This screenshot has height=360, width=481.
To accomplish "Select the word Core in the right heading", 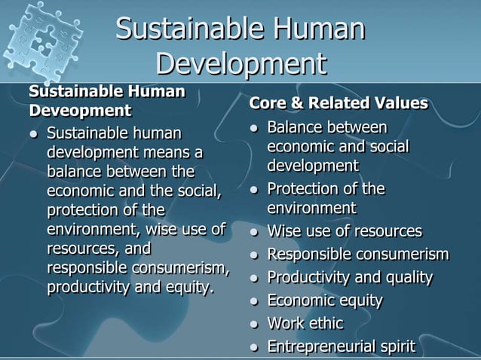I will pyautogui.click(x=267, y=102).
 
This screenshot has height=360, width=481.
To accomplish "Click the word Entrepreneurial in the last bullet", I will pyautogui.click(x=320, y=347).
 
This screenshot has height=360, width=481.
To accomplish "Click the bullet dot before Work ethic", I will pyautogui.click(x=255, y=325).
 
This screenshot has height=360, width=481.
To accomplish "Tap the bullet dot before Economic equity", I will pyautogui.click(x=255, y=301).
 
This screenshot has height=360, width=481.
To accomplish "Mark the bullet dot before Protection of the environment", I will pyautogui.click(x=255, y=189).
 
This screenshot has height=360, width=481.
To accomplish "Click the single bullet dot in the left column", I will pyautogui.click(x=34, y=135).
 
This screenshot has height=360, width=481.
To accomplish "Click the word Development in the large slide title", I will pyautogui.click(x=240, y=63).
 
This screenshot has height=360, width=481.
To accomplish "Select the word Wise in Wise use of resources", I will pyautogui.click(x=284, y=230).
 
